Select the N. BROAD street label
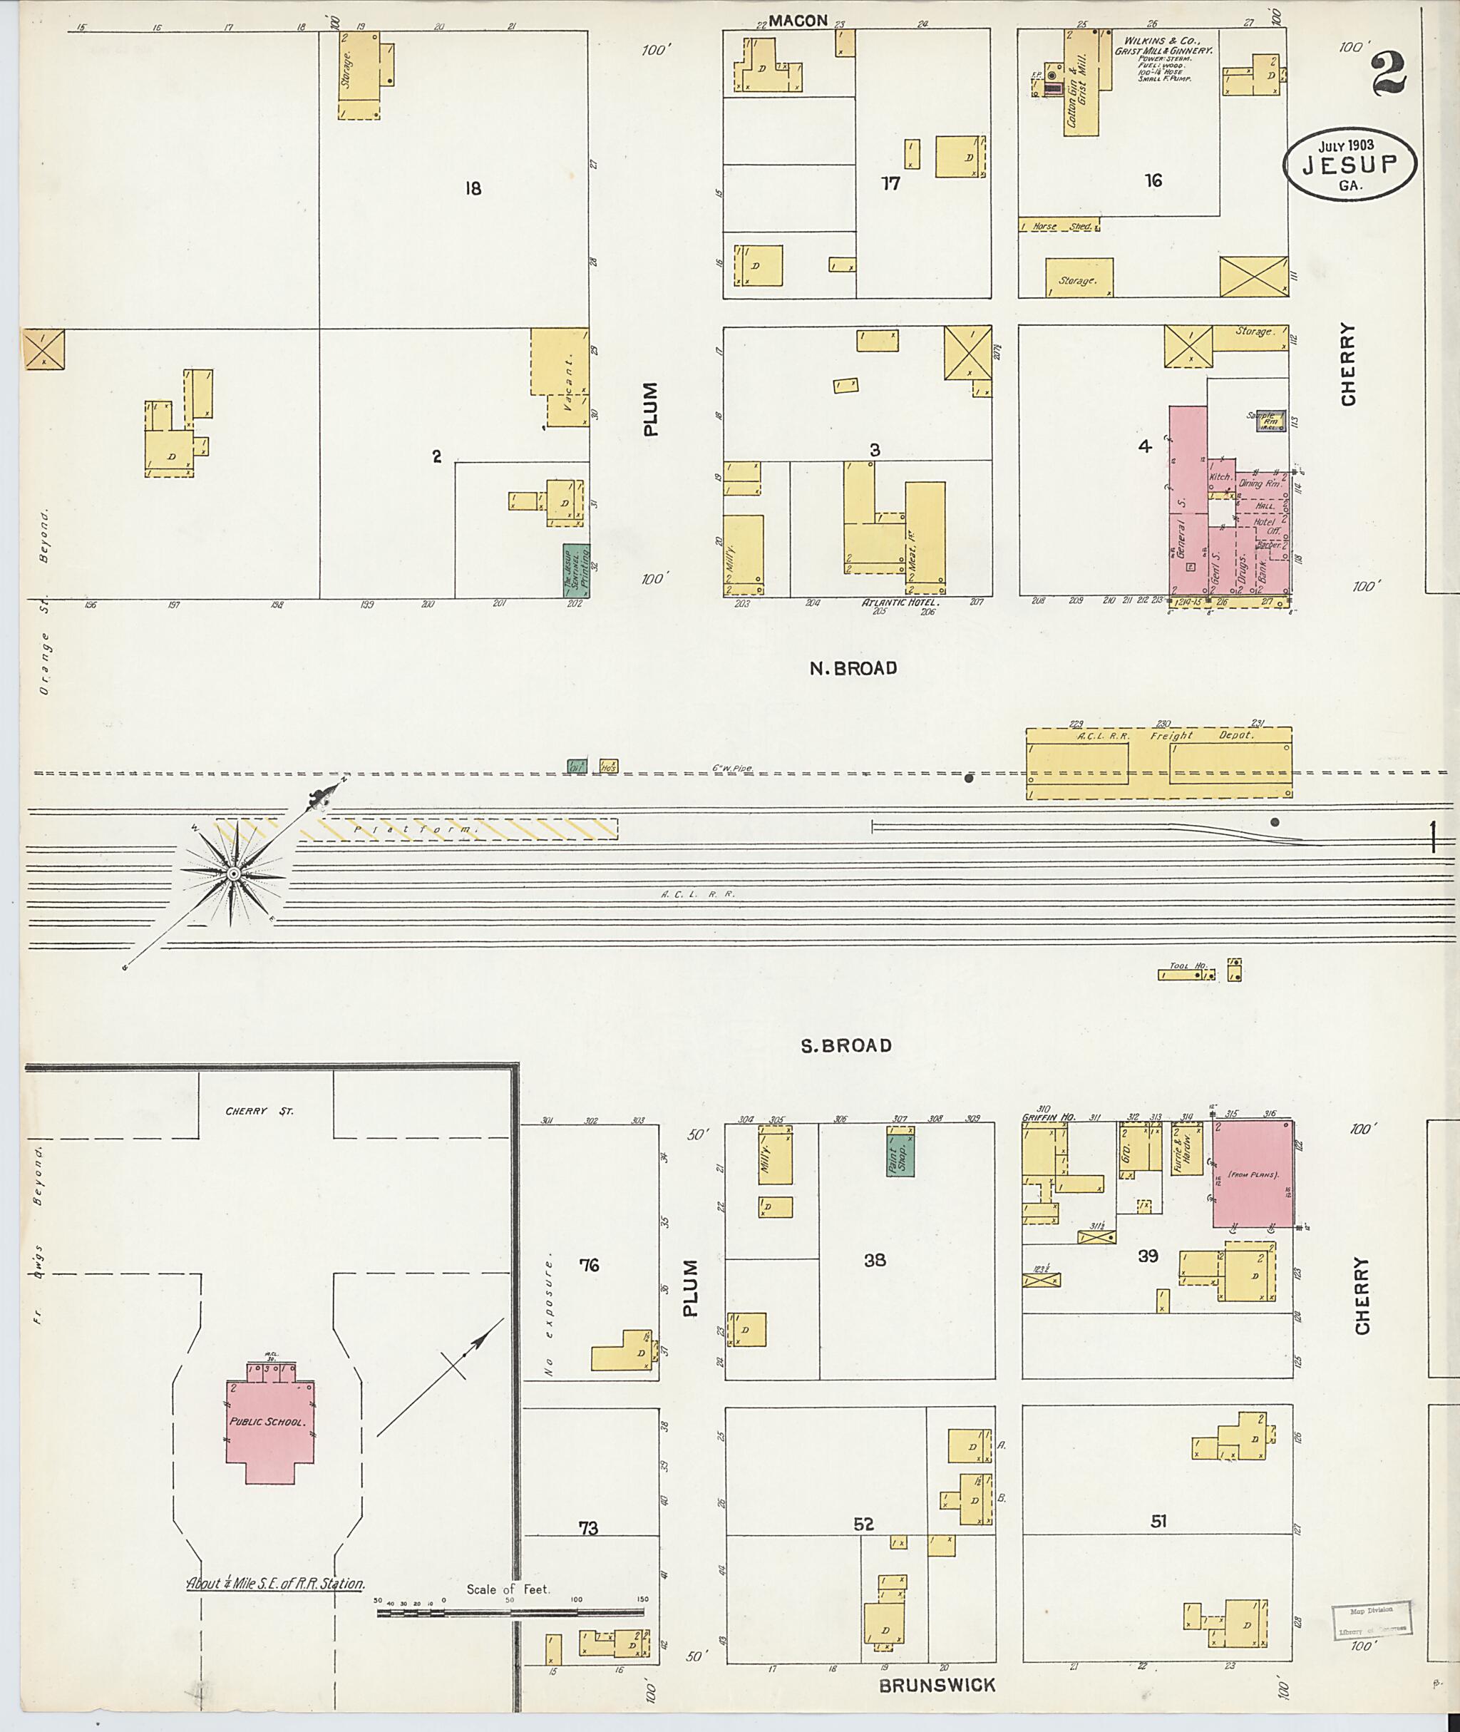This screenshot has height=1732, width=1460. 853,668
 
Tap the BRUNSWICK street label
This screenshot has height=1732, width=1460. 937,1685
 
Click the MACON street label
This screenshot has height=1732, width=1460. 798,21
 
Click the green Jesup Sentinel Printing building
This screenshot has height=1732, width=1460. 575,571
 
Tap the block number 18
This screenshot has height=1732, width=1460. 473,189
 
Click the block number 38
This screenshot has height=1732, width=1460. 874,1260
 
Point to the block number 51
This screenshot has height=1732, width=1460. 1158,1521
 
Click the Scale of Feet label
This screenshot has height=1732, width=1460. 508,1589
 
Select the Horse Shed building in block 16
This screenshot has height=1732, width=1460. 1059,225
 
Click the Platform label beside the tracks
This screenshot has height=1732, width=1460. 413,829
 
